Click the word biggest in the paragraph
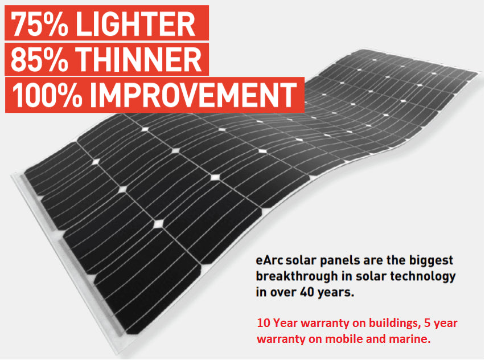[431, 261]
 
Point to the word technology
[425, 277]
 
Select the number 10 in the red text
[262, 324]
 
